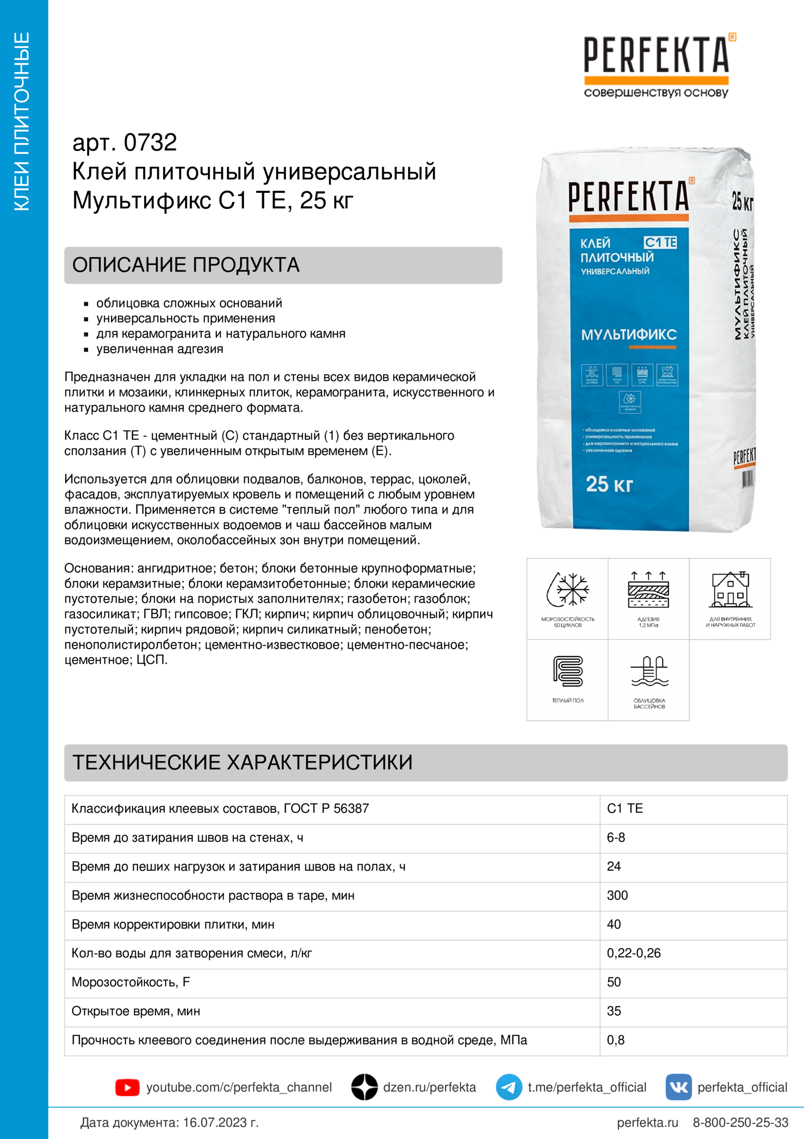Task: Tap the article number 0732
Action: [150, 143]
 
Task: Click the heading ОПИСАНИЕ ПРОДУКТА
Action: [186, 265]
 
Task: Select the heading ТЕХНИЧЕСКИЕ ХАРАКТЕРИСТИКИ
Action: [243, 763]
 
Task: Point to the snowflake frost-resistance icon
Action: [567, 590]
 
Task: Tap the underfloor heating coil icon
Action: [568, 671]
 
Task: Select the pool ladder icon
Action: [649, 671]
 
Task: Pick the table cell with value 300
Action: [618, 896]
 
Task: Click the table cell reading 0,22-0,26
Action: [634, 953]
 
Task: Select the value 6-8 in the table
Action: [616, 838]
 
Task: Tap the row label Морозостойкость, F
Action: [131, 982]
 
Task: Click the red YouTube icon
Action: [128, 1087]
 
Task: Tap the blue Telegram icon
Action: [508, 1087]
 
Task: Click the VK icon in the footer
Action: [678, 1087]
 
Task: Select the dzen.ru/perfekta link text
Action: [429, 1087]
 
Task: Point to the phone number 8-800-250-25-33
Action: [740, 1122]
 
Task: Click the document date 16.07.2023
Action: [215, 1122]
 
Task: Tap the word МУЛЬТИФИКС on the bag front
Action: [628, 335]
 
